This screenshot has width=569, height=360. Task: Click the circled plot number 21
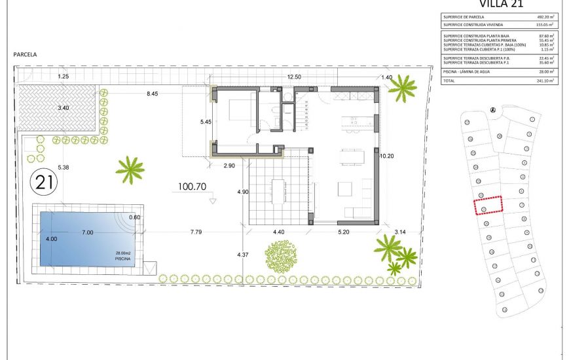coord(45,182)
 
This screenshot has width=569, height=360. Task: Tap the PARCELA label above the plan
coord(26,55)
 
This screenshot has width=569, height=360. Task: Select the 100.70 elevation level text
coord(192,187)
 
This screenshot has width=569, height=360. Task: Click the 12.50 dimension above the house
coord(294,77)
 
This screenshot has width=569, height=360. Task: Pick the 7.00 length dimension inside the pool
coord(87,232)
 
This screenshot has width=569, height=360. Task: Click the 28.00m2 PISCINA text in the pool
coord(122,256)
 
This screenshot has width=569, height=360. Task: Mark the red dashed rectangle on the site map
coord(488,205)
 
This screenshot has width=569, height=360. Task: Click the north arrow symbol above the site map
coord(492,110)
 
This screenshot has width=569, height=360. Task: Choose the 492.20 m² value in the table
coord(543,17)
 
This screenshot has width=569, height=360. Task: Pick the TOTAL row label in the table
coord(449,81)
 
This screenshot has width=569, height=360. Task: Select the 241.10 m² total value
coord(543,81)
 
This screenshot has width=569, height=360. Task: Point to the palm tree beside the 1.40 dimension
coord(401,89)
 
